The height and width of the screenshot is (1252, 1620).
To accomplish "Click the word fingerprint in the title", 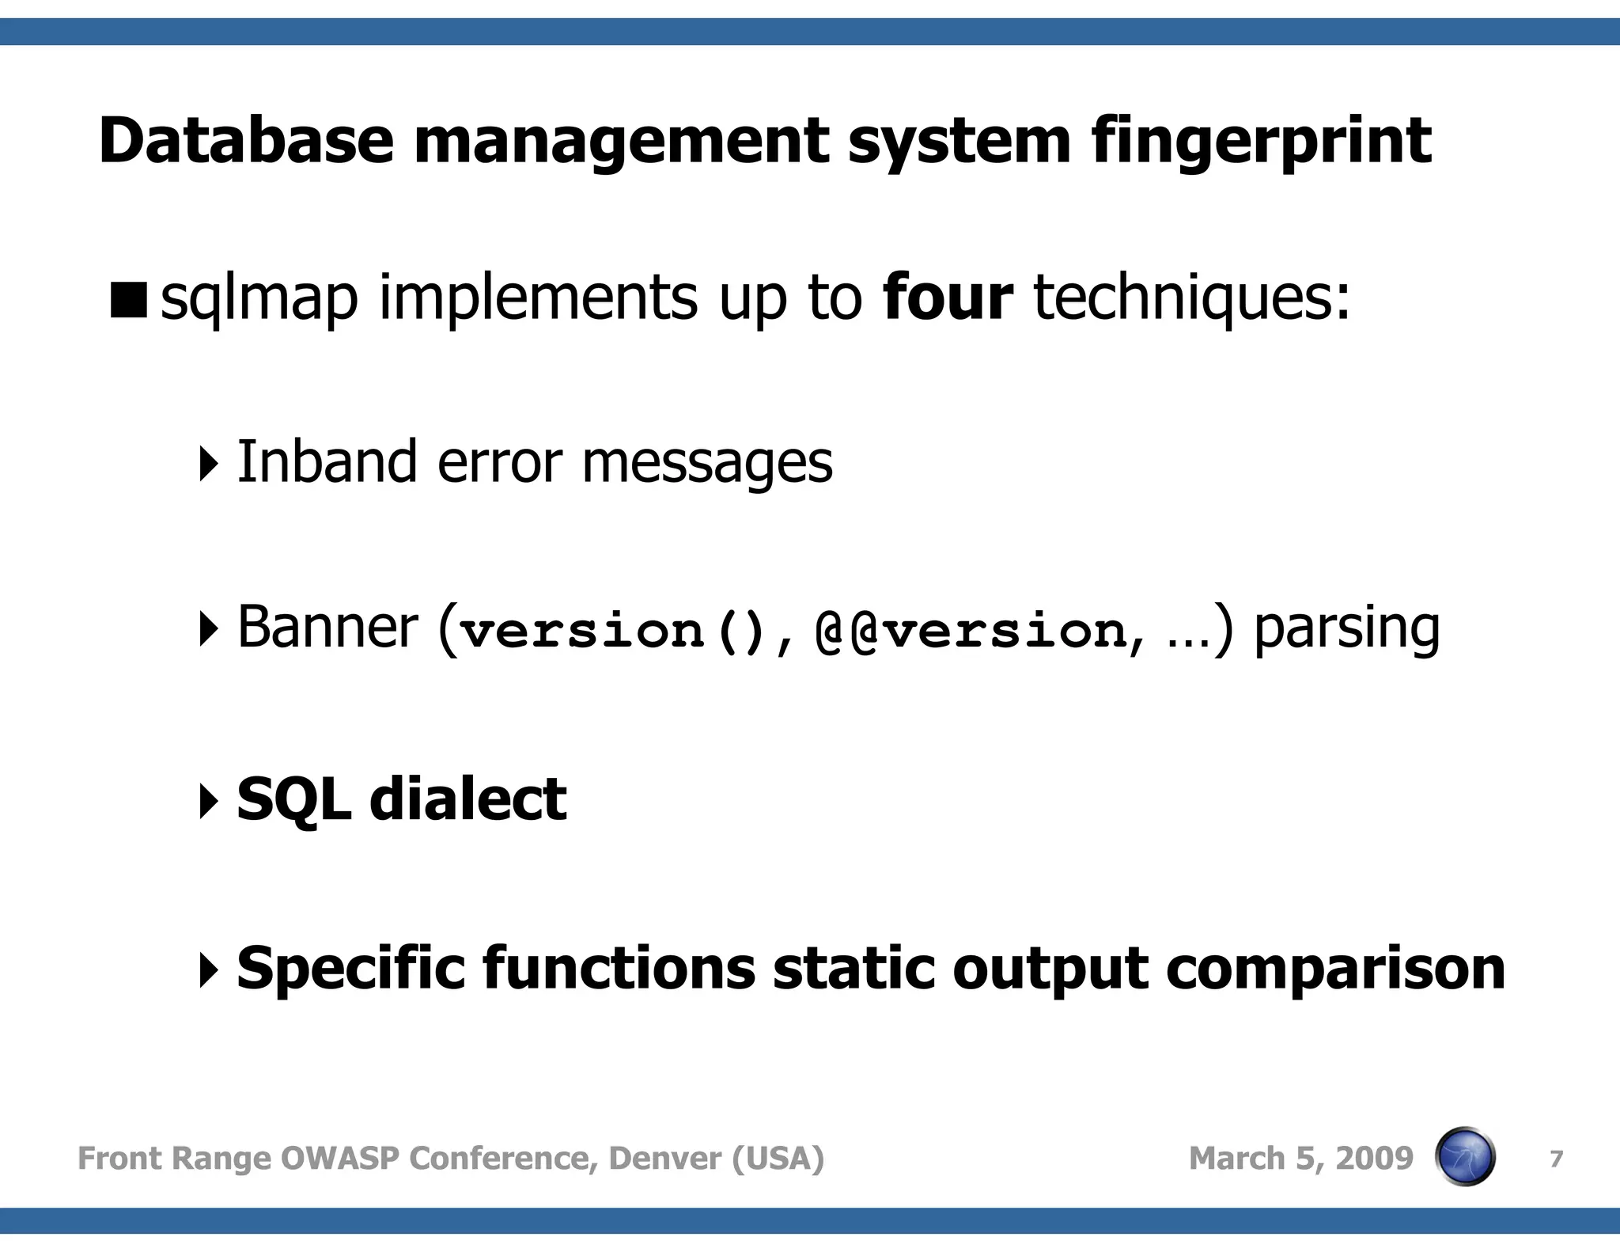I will point(1261,142).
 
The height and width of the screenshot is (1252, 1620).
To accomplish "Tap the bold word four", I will point(947,298).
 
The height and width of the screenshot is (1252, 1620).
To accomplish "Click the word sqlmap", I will point(259,299).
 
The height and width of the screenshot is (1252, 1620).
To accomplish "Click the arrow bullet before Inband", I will point(208,463).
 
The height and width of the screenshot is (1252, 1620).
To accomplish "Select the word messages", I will point(707,463).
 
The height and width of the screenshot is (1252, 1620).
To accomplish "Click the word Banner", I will point(327,628).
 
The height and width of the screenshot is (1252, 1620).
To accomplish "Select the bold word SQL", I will point(293,799).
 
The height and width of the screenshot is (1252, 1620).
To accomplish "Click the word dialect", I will point(468,799).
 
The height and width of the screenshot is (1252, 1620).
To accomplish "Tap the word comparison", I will point(1335,969).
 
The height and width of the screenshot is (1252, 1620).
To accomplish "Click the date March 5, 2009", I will point(1300,1159).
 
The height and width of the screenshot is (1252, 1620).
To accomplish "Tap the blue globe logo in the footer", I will point(1465,1157).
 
